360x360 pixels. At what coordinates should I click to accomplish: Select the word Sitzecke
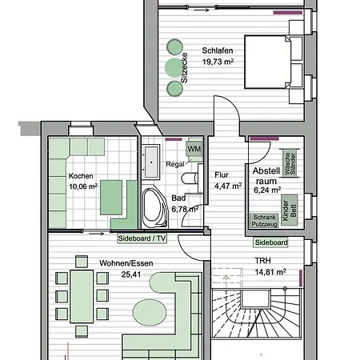185,68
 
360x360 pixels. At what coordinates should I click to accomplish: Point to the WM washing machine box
194,148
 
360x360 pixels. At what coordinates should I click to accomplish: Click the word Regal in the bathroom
175,164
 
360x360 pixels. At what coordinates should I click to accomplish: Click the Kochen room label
82,177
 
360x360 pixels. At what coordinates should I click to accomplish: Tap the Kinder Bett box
291,206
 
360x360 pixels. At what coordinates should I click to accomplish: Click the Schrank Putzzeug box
266,221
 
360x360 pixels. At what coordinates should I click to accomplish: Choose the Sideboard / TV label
142,238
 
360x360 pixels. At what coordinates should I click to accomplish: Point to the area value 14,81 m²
270,270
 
